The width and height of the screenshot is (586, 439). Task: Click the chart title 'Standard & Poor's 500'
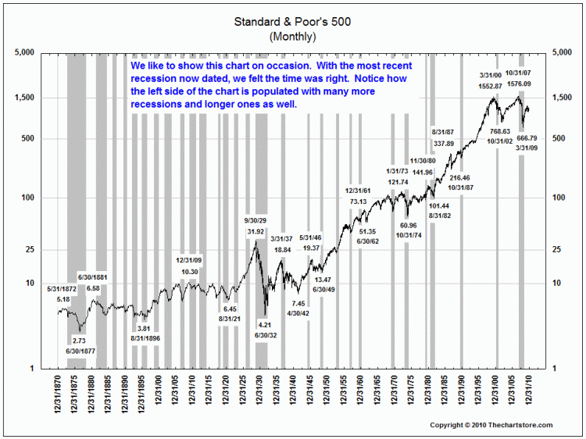click(x=291, y=22)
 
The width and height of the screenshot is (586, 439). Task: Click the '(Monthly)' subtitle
click(x=291, y=36)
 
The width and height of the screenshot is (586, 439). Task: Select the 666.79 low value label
click(x=531, y=138)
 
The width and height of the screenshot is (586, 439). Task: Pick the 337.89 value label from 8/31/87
click(x=444, y=143)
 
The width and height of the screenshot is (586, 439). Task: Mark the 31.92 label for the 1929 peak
click(x=255, y=232)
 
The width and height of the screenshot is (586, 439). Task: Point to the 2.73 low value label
click(x=80, y=341)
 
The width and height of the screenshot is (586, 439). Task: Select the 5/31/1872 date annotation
click(x=63, y=288)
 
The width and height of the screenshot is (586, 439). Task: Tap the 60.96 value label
click(x=408, y=225)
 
